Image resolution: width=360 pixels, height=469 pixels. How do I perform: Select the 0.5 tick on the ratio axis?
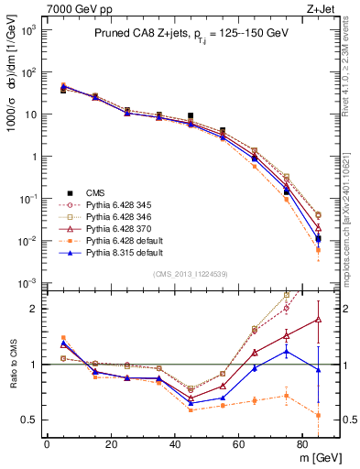(x=28, y=420)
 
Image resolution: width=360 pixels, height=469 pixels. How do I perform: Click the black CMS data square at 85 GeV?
(x=318, y=239)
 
